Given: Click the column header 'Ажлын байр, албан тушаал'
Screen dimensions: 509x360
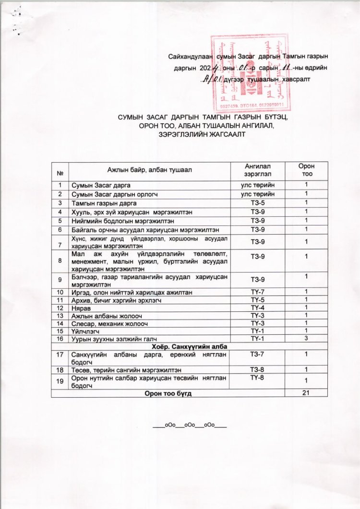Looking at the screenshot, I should click(149, 171).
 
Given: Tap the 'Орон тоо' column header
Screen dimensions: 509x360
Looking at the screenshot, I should click(306, 171).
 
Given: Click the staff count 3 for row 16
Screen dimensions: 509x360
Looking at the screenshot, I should click(306, 339).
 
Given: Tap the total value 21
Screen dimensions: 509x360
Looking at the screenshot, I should click(306, 392).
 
